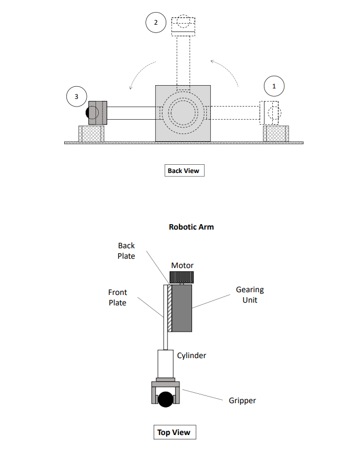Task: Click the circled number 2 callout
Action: click(156, 23)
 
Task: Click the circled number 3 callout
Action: click(76, 97)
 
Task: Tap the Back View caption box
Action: click(184, 170)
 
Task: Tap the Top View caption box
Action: click(174, 432)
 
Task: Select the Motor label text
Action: click(182, 265)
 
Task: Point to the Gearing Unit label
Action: click(250, 294)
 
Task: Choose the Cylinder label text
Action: click(192, 355)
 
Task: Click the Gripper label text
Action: click(242, 400)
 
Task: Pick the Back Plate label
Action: click(126, 250)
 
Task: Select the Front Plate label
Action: click(117, 297)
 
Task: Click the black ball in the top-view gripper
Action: click(166, 399)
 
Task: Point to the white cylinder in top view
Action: click(166, 363)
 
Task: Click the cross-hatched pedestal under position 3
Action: click(91, 134)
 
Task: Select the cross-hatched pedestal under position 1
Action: click(276, 133)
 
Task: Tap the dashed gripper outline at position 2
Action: click(183, 24)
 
